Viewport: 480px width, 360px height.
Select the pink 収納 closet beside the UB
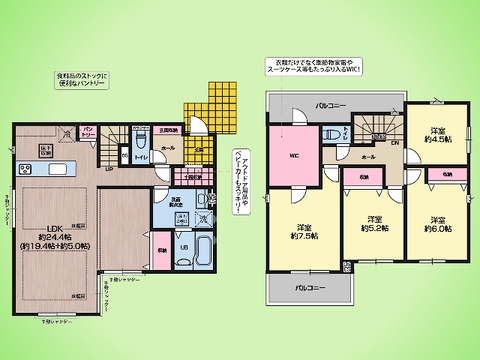click(x=162, y=239)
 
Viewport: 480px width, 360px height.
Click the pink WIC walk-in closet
click(x=294, y=155)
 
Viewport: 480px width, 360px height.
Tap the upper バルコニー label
click(x=330, y=104)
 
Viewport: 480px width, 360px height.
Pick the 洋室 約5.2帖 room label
click(x=374, y=223)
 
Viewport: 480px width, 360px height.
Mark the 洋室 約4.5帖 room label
click(x=438, y=136)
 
